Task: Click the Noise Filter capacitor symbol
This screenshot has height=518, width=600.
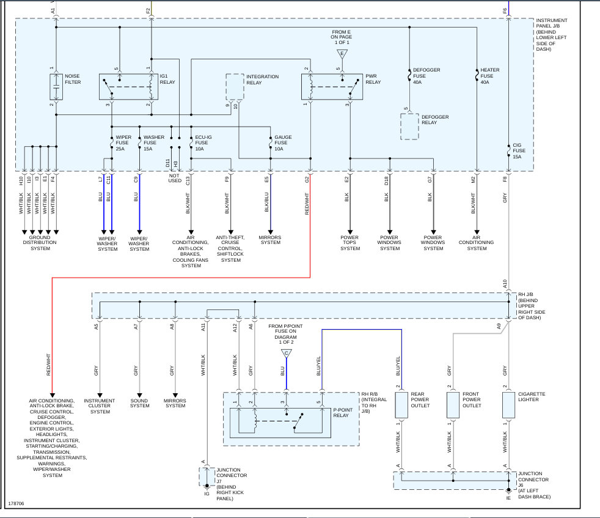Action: coord(56,87)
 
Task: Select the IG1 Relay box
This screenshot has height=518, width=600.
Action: coord(128,87)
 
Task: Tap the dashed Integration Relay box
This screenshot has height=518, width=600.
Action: coord(235,87)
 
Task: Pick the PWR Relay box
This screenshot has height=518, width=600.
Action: coord(332,87)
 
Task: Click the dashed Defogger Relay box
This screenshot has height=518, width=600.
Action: coord(409,127)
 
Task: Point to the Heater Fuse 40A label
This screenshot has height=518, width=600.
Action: coord(490,76)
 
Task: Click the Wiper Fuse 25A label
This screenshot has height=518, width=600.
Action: coord(123,143)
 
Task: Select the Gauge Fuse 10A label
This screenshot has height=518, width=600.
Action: coord(283,143)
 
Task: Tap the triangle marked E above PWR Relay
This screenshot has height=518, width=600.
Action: coord(342,54)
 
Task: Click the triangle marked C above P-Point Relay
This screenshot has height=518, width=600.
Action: coord(286,353)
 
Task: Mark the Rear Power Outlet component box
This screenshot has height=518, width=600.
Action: coord(401,405)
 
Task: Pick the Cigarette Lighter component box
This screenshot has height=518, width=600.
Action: coord(508,405)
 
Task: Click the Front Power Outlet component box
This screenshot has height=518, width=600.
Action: coord(453,405)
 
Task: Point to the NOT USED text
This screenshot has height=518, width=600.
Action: coord(175,178)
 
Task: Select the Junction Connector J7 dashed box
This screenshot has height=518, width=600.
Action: coord(207,476)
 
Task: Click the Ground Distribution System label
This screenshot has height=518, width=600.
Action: coord(40,243)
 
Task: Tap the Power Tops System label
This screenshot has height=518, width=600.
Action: coord(350,243)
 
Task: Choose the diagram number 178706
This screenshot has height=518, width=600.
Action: coord(16,503)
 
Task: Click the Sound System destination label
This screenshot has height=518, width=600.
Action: coord(139,403)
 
